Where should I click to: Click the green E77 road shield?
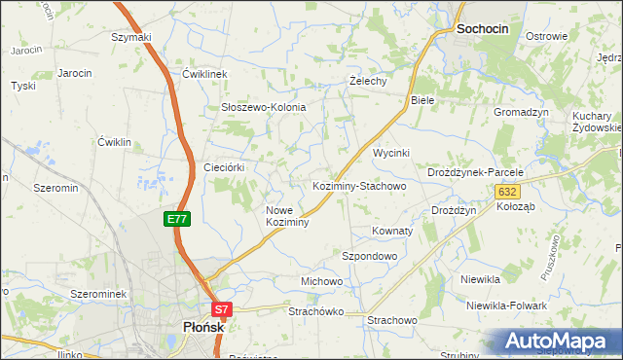[176, 220]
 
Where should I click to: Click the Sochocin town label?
[483, 30]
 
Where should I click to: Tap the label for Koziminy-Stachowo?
[358, 185]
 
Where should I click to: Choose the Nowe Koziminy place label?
[287, 216]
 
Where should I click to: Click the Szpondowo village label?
[369, 256]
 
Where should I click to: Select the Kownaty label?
[392, 232]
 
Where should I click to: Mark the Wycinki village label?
[392, 154]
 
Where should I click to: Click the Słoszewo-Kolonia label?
[263, 107]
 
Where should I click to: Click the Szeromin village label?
[55, 188]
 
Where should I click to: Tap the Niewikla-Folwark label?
[506, 306]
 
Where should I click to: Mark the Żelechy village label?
[369, 82]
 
